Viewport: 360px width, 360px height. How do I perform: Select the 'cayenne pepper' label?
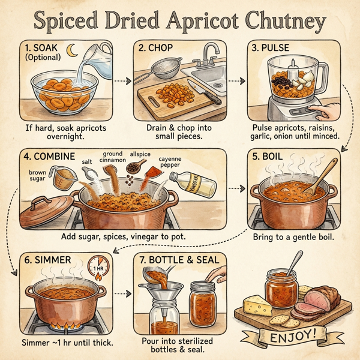[169, 161]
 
